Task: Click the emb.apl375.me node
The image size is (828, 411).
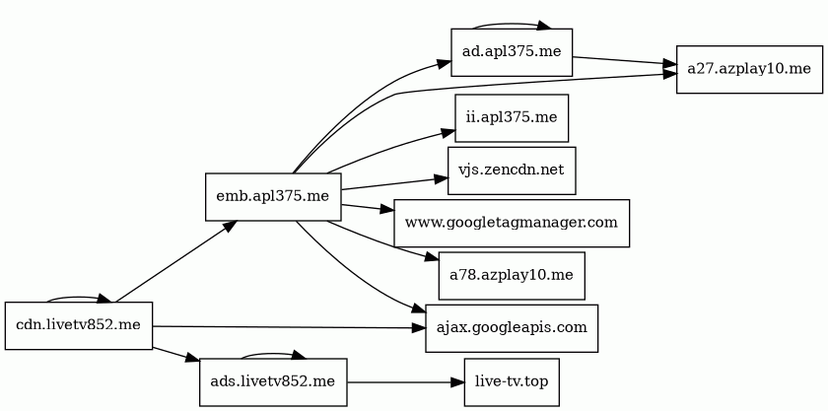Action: tap(273, 196)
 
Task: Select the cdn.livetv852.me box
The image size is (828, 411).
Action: tap(79, 325)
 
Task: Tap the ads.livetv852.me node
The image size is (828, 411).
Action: tap(273, 382)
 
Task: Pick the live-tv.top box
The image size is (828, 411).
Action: tap(512, 382)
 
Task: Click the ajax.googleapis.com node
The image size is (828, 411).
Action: tap(512, 328)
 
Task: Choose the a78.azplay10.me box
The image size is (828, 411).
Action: tap(512, 276)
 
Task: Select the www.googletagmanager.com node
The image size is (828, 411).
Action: tap(512, 223)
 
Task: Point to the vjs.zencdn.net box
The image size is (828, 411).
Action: tap(512, 171)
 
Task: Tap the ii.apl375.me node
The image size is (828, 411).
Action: tap(512, 118)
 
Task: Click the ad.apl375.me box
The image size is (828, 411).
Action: tap(512, 52)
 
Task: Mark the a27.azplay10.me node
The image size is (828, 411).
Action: tap(749, 69)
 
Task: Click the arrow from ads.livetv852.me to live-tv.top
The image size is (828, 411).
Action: tap(405, 382)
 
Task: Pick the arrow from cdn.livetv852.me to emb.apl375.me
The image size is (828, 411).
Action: tap(175, 261)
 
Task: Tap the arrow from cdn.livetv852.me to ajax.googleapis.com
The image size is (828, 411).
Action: tap(289, 327)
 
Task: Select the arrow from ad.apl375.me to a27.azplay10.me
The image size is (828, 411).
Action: tap(625, 61)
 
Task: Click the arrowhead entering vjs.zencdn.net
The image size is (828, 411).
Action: tap(442, 178)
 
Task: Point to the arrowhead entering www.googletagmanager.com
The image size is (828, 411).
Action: tap(387, 210)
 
